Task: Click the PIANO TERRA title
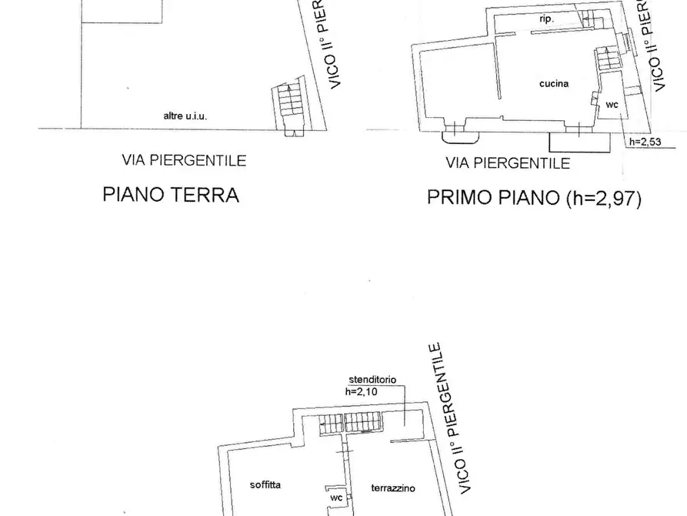[171, 195]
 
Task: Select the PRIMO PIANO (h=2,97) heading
[534, 199]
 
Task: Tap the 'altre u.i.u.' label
[185, 116]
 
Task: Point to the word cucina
[554, 83]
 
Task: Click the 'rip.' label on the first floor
[547, 17]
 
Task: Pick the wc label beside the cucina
[612, 104]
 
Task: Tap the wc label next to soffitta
[336, 498]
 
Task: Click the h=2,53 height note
[645, 142]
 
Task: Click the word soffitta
[265, 484]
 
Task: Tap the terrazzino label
[393, 488]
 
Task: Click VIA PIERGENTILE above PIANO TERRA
[184, 160]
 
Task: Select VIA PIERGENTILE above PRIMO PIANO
[508, 163]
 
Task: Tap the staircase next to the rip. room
[590, 19]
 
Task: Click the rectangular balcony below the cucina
[580, 141]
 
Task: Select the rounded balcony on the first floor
[461, 136]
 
